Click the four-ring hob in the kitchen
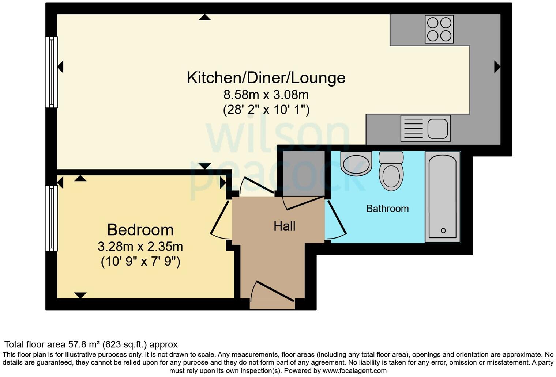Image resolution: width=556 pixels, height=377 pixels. point(439,29)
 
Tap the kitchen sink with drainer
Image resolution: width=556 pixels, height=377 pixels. point(425,128)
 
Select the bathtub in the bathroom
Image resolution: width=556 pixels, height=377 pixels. point(442,197)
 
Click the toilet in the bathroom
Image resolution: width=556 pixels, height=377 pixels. point(391,172)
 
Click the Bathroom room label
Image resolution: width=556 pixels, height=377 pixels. point(387,209)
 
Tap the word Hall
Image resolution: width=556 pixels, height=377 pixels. point(284,226)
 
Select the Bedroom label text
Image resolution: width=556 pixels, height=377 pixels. point(140,230)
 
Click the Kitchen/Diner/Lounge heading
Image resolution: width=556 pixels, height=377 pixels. point(266,78)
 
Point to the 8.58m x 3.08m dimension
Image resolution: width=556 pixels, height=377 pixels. point(266,95)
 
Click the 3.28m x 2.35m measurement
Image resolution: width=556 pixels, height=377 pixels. point(140,247)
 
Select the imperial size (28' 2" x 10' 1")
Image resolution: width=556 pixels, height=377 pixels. point(266,110)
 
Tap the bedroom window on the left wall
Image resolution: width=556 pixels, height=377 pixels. point(52,218)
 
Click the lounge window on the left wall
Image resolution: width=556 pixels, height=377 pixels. point(52,72)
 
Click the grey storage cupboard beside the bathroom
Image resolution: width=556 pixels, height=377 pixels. point(304,172)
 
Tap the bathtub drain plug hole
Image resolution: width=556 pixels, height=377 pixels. point(443,231)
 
